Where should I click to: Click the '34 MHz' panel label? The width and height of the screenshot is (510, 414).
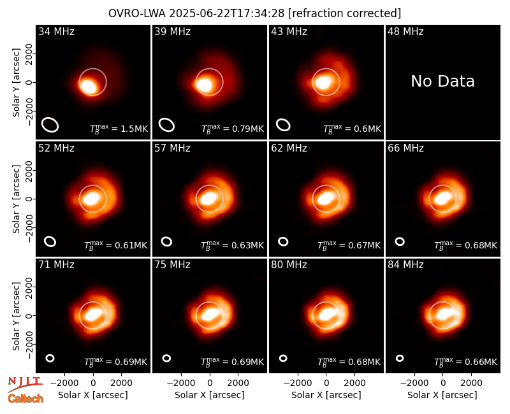(56, 31)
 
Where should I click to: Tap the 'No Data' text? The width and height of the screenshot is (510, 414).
(442, 82)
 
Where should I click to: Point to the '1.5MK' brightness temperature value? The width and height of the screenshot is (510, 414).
(135, 129)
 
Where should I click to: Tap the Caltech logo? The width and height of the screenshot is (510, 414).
(25, 399)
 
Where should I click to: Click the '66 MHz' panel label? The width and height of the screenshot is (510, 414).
(405, 148)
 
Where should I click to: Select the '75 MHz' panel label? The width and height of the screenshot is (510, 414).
(172, 265)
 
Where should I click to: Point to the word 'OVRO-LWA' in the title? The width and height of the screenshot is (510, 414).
(137, 13)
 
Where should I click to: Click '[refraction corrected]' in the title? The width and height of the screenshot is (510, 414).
(344, 13)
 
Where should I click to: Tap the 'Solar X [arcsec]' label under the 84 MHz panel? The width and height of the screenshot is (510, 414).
(442, 395)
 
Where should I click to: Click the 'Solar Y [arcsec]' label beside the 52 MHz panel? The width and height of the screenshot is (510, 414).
(16, 199)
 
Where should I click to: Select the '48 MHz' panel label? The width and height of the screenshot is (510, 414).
(405, 31)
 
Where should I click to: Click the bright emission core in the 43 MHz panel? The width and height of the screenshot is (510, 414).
(324, 82)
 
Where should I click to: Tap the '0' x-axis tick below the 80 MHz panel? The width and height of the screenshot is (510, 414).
(326, 383)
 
